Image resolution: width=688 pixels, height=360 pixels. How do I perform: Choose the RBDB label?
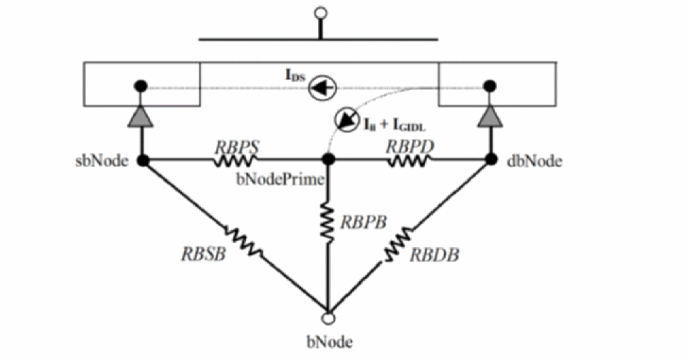click(x=435, y=255)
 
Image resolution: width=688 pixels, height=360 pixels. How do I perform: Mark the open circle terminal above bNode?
click(x=328, y=317)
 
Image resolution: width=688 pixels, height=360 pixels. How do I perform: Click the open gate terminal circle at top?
click(x=321, y=14)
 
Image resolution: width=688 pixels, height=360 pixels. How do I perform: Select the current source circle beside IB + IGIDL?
click(x=348, y=121)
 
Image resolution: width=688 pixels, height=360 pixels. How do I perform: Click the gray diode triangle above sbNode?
click(x=141, y=117)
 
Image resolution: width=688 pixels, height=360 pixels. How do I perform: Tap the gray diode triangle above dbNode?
click(x=490, y=117)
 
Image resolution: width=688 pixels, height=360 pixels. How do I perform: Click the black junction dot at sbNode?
click(x=143, y=160)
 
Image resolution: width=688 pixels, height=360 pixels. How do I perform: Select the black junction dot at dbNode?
click(x=490, y=160)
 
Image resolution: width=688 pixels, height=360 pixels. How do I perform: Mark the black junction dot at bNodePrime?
click(x=328, y=160)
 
